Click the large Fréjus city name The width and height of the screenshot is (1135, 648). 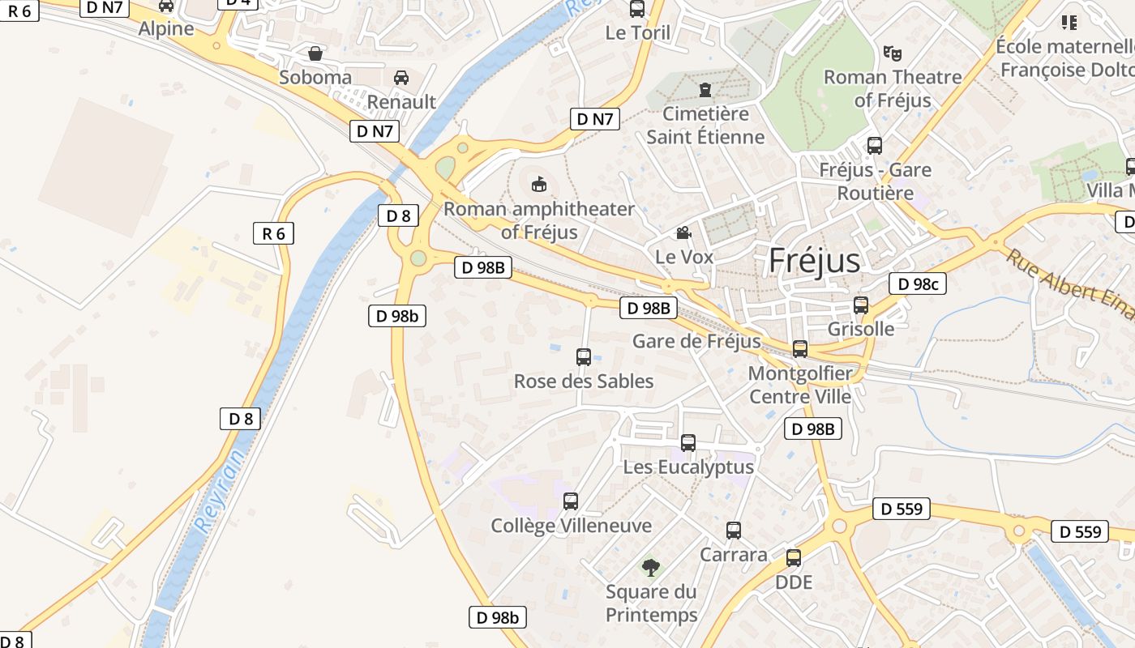(813, 261)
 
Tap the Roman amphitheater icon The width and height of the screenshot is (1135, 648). (538, 185)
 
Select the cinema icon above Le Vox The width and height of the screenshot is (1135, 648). (684, 233)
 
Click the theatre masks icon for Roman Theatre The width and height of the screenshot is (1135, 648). (893, 53)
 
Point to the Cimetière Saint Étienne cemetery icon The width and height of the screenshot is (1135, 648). (705, 89)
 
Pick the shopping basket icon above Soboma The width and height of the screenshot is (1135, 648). (315, 53)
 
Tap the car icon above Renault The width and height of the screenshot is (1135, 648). (401, 78)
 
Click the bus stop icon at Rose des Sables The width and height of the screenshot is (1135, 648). (584, 356)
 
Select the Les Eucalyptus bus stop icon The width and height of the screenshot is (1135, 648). (688, 443)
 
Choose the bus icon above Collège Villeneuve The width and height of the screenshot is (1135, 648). (571, 501)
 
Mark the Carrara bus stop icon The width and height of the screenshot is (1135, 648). (734, 531)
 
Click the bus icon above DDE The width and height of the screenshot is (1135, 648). (794, 558)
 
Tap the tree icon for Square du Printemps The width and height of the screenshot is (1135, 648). (650, 567)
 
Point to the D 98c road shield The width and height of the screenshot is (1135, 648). (918, 283)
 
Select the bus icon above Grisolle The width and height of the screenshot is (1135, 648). (861, 305)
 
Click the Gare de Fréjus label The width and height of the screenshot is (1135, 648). (696, 341)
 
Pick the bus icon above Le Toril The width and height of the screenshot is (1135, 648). (637, 9)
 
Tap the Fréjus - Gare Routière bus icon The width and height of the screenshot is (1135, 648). (875, 146)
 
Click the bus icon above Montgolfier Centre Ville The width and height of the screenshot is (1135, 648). (800, 349)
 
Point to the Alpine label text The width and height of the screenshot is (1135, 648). (166, 28)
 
